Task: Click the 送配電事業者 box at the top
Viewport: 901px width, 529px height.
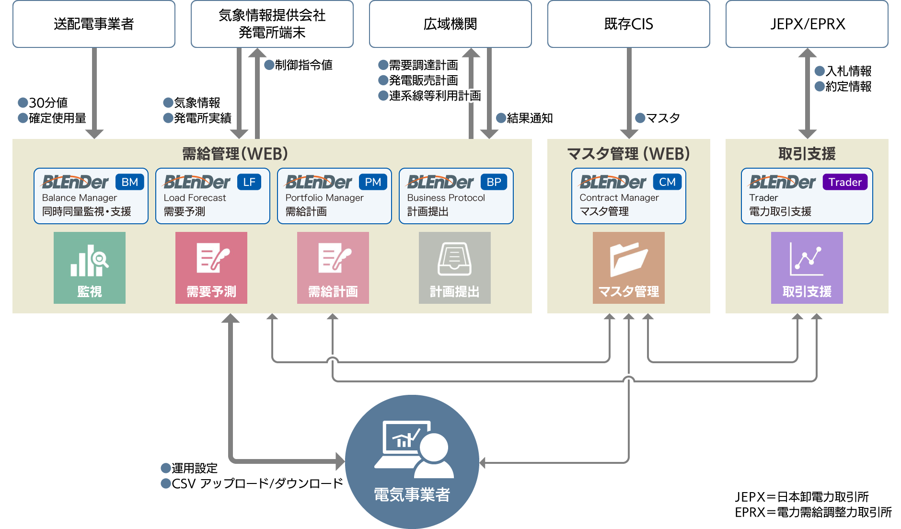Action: click(x=94, y=24)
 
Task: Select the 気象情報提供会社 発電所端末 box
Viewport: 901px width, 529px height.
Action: click(x=272, y=24)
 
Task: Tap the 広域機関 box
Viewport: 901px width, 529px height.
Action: click(x=450, y=24)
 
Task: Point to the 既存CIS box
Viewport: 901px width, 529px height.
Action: click(x=628, y=24)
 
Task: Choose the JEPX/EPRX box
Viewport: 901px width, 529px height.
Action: click(x=807, y=24)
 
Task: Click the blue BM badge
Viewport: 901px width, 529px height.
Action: click(x=130, y=182)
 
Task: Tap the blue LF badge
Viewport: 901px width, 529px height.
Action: click(x=249, y=182)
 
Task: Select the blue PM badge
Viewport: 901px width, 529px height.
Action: click(x=373, y=182)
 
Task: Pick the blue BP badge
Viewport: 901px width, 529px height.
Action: click(x=494, y=182)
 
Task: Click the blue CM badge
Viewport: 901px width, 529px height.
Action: click(x=667, y=182)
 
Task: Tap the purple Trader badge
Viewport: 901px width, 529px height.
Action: click(x=845, y=182)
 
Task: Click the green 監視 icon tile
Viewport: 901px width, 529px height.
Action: click(x=90, y=267)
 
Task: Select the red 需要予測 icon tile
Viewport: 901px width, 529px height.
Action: click(x=211, y=267)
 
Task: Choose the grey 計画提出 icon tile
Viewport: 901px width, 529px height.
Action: click(x=455, y=267)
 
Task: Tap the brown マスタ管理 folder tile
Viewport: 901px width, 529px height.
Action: click(x=629, y=267)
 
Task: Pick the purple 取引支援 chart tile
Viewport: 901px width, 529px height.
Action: click(x=807, y=267)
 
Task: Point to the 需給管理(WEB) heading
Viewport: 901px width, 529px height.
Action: click(x=235, y=154)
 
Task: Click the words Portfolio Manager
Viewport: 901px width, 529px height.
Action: click(x=324, y=198)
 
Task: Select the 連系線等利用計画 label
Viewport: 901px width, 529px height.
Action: click(x=435, y=96)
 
